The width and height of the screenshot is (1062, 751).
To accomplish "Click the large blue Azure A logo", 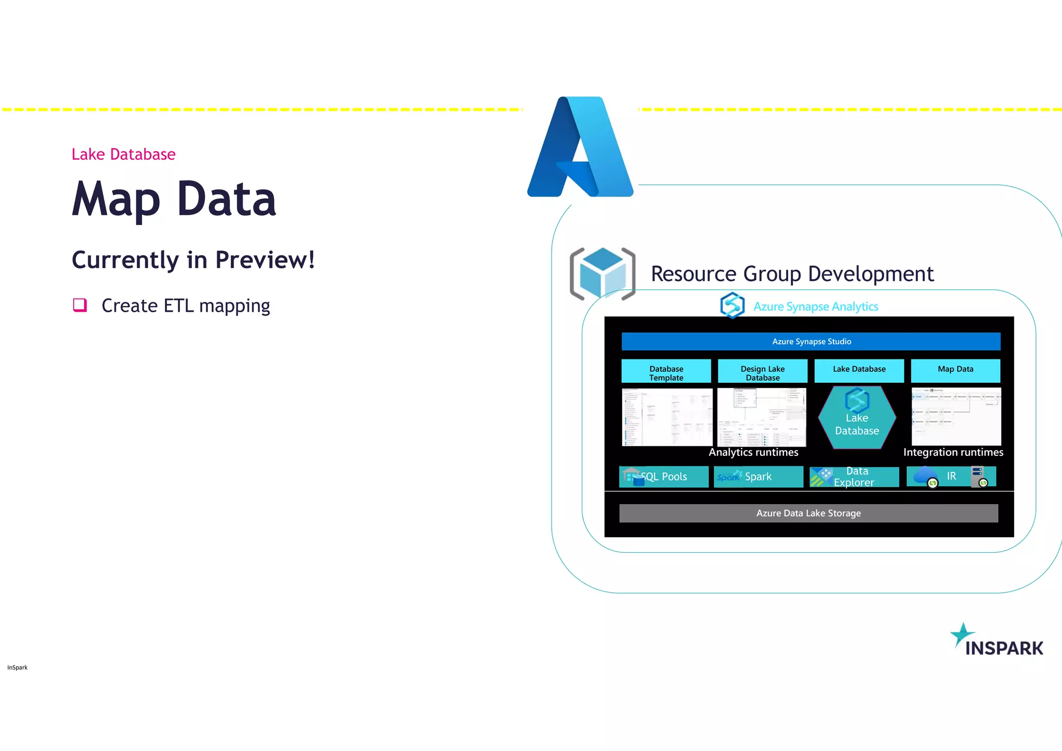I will tap(580, 147).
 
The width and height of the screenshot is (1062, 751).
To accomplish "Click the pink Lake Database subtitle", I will tap(123, 154).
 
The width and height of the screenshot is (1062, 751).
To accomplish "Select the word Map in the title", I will tap(116, 199).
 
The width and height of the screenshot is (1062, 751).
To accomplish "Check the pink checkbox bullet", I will tap(80, 305).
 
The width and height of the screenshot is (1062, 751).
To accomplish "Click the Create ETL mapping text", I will tap(186, 306).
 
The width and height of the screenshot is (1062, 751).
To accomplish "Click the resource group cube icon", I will tap(602, 274).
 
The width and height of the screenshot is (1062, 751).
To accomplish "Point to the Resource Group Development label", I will tap(792, 274).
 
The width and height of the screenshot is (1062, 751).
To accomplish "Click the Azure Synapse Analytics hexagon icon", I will tap(732, 305).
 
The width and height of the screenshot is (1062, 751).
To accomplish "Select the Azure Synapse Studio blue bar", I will tap(811, 341).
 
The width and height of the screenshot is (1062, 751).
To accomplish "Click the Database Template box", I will tap(666, 371).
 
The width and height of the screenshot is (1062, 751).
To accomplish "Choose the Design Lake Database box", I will tap(762, 371).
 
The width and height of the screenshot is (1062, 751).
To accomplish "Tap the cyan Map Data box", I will tap(955, 370).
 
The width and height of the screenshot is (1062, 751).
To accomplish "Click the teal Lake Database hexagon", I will tap(857, 418).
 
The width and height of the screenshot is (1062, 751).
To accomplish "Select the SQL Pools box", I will tap(664, 477).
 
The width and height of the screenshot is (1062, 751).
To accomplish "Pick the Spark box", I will tap(758, 477).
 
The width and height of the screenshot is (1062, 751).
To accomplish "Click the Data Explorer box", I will tap(854, 477).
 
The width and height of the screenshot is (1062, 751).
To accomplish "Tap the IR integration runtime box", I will tap(951, 476).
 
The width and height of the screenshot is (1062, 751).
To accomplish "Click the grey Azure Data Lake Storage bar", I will tap(808, 513).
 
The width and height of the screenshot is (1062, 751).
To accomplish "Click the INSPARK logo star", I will tap(962, 634).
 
